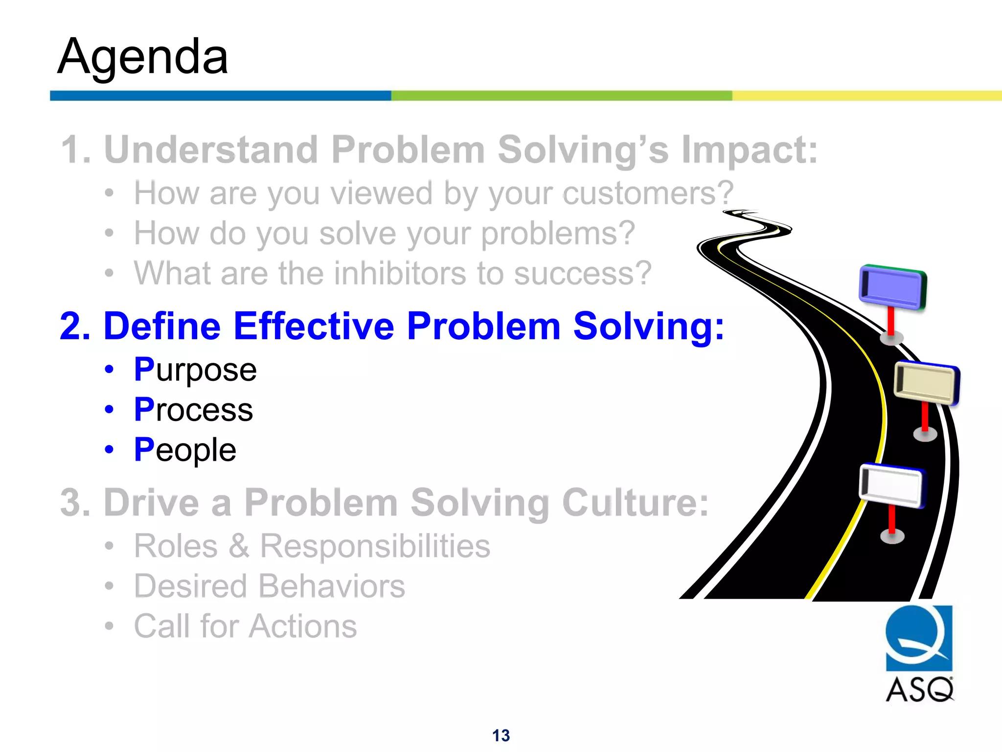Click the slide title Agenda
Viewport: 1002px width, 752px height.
click(x=142, y=57)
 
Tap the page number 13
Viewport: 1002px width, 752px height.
click(x=501, y=735)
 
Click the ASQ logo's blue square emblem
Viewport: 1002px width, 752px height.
click(x=919, y=638)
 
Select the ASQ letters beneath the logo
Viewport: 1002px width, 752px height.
click(x=919, y=690)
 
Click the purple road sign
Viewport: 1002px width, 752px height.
click(x=892, y=287)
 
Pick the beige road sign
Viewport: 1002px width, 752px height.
click(x=926, y=383)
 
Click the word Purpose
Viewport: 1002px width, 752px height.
click(x=195, y=370)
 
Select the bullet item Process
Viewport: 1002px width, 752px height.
click(x=193, y=410)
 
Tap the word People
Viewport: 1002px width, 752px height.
click(x=185, y=450)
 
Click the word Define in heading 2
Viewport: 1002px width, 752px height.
click(x=163, y=326)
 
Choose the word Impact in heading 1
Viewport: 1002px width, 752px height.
click(x=749, y=150)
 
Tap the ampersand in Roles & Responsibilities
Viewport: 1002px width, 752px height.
click(x=239, y=546)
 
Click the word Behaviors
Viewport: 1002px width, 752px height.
click(x=332, y=586)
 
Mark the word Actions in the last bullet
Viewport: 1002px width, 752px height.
click(x=303, y=626)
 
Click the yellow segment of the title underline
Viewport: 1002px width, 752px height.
click(x=866, y=95)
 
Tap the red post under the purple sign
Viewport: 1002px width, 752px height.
click(x=891, y=321)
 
